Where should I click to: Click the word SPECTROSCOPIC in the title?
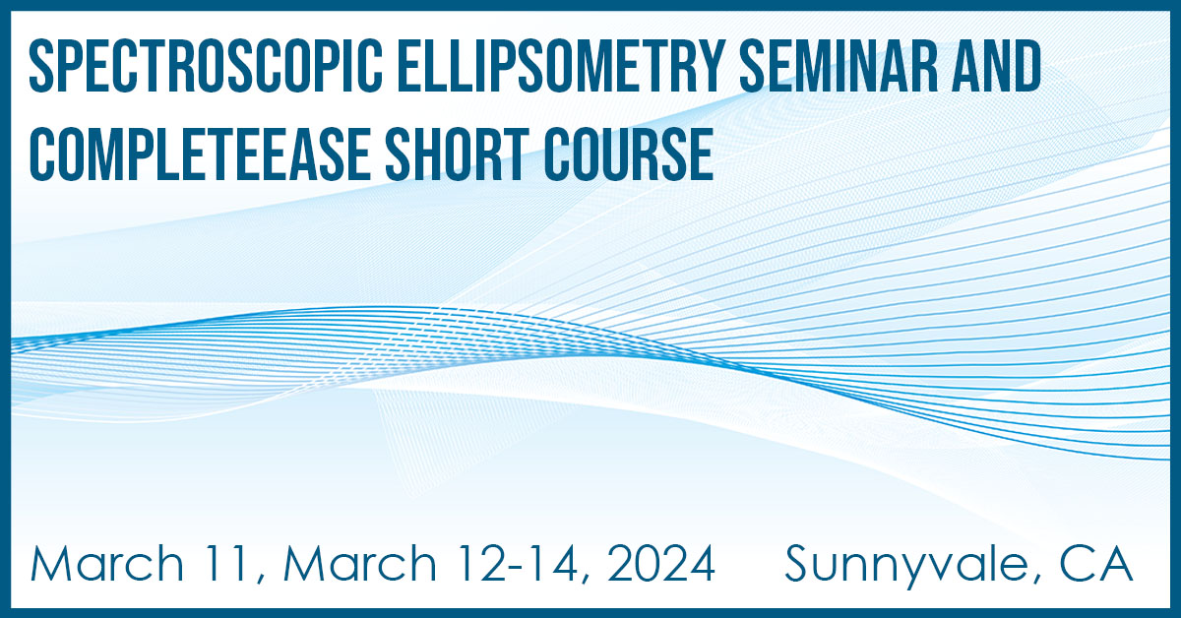[206, 67]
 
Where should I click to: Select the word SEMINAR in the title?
[839, 67]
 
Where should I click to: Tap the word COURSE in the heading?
[629, 154]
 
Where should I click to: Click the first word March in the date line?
[107, 564]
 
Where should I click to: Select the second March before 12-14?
[360, 564]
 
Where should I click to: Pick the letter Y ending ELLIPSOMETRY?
[712, 67]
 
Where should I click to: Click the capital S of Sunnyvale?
[798, 564]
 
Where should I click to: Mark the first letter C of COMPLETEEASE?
[42, 154]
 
